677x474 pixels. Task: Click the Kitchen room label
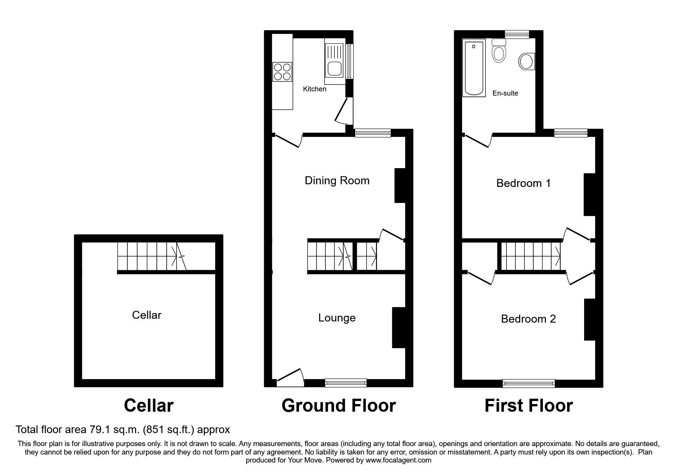tap(314, 89)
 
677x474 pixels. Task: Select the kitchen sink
tap(334, 63)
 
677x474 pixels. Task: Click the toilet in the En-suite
tap(499, 51)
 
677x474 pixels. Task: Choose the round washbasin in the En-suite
tap(526, 61)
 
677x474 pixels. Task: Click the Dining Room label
tap(337, 180)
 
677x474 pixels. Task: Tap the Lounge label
tap(337, 318)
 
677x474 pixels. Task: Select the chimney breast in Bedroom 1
tap(589, 194)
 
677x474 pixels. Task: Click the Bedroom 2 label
tap(528, 319)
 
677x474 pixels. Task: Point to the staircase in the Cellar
tap(151, 256)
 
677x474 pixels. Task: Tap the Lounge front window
tap(346, 383)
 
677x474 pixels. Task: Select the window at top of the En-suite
tap(516, 34)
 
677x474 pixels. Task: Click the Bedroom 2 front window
tap(528, 383)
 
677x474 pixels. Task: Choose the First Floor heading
tap(528, 406)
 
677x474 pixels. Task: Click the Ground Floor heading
tap(338, 406)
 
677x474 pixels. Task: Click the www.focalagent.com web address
tap(398, 460)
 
